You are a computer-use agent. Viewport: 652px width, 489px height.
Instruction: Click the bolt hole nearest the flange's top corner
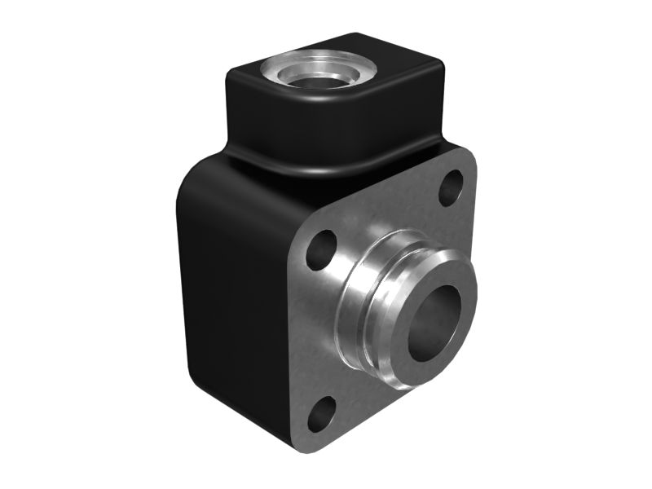click(x=451, y=188)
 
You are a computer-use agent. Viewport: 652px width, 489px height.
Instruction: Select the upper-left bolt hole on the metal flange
click(x=322, y=250)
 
